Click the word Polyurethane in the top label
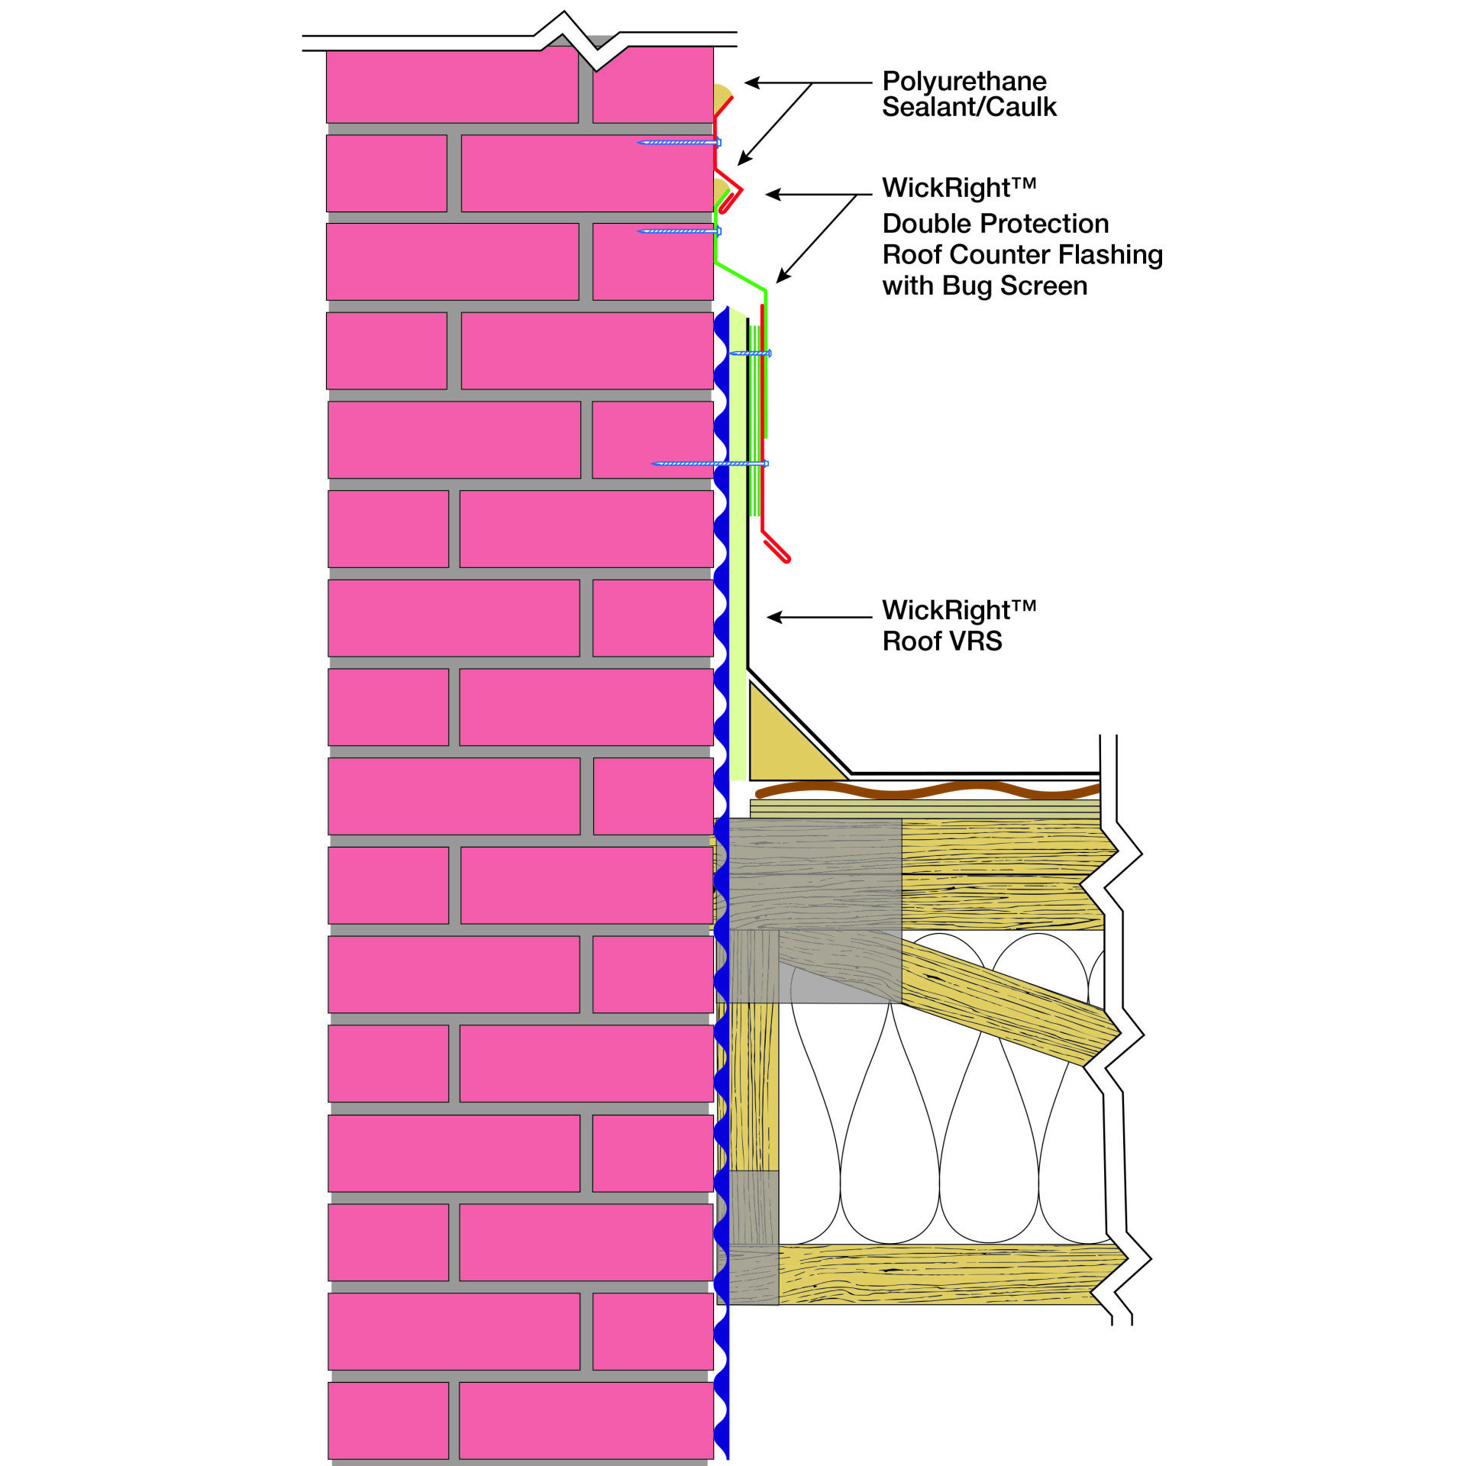tap(964, 82)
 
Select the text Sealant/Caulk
tap(969, 108)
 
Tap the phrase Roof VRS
tap(941, 641)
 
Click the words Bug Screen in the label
tap(1015, 286)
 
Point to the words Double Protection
tap(995, 224)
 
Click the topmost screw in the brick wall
tap(679, 142)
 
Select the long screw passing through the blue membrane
tap(710, 463)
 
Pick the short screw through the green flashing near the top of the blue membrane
tap(751, 354)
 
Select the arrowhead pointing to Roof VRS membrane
tap(772, 617)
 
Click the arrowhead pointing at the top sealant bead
tap(751, 82)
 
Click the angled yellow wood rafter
tap(1008, 1000)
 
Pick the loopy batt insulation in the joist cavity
tap(939, 1107)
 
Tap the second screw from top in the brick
tap(679, 231)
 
